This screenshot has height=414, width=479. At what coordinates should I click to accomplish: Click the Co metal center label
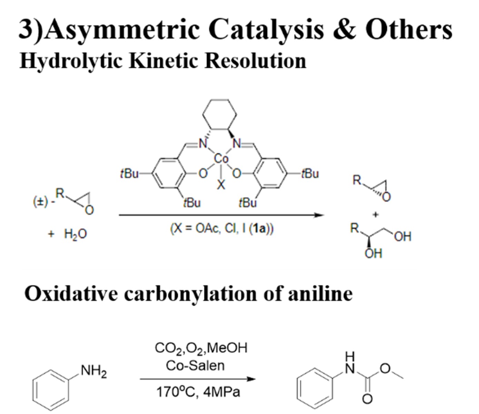[x=221, y=159]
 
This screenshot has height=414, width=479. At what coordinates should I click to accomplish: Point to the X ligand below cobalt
[x=221, y=185]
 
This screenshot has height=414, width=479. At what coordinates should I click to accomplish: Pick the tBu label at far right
[x=310, y=173]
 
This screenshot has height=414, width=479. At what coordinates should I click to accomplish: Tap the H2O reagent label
[x=75, y=234]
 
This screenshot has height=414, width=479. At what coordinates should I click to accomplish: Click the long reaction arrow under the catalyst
[x=221, y=215]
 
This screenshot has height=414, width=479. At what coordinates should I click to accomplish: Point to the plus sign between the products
[x=376, y=214]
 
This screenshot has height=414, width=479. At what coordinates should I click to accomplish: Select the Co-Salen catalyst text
[x=195, y=365]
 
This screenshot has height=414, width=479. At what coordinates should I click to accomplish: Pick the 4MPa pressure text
[x=222, y=392]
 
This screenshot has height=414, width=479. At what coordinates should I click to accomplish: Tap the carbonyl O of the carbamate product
[x=368, y=399]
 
